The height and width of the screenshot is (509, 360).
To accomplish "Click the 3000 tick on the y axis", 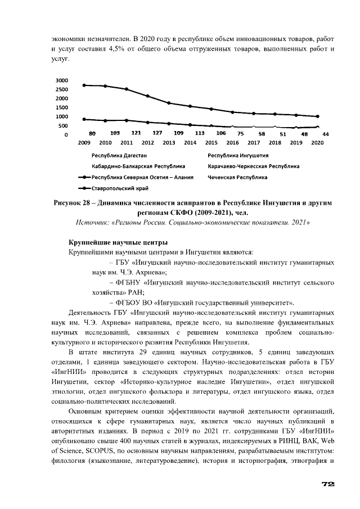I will pos(62,80).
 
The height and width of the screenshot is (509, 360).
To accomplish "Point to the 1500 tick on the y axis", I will pos(62,107).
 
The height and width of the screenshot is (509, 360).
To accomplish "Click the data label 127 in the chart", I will pos(157,133).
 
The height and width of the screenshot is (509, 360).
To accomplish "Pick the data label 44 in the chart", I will pos(325,134).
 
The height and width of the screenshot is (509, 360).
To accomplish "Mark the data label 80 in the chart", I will pos(92,133).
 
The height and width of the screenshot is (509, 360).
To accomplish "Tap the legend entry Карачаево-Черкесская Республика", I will pos(253,166).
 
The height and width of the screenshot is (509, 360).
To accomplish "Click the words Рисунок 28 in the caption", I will pos(75,202).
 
